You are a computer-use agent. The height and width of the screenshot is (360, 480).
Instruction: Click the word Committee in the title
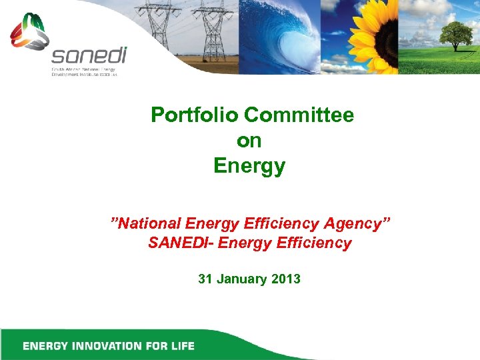299,115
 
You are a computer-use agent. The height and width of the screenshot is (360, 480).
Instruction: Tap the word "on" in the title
249,141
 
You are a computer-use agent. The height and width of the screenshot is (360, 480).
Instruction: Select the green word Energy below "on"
249,166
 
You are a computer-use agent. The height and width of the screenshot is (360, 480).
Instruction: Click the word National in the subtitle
150,223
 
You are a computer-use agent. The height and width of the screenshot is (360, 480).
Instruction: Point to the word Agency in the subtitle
357,223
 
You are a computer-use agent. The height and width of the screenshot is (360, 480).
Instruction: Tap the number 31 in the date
206,279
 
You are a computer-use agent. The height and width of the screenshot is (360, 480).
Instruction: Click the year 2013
286,279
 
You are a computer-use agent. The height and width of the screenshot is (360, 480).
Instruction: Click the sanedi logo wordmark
89,55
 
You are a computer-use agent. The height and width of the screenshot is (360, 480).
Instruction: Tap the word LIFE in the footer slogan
180,346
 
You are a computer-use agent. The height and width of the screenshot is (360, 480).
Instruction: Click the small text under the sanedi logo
84,72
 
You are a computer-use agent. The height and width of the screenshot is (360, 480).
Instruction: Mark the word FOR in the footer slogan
154,346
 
